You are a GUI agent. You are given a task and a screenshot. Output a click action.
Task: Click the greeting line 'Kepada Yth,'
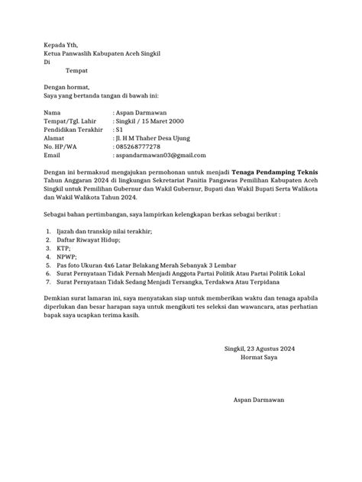pos(60,45)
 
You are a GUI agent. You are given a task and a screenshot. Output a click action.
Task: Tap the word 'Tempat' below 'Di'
pos(79,70)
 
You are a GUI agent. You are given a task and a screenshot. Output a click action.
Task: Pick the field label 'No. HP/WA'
pos(60,146)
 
